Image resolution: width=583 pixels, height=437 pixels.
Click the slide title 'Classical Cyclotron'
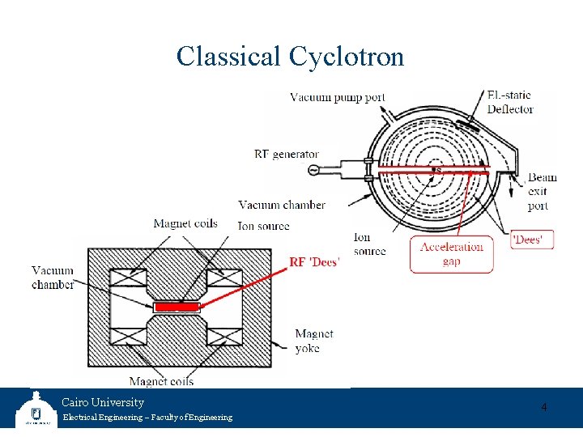(290, 57)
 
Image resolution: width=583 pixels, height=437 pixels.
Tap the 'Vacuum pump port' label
(338, 98)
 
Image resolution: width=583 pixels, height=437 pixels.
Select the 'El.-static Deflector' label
(510, 102)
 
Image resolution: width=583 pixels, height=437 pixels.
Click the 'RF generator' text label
(287, 154)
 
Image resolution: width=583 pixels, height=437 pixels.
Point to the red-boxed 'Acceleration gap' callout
(451, 253)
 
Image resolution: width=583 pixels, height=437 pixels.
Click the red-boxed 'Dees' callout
(532, 240)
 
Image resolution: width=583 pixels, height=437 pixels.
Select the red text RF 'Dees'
(314, 261)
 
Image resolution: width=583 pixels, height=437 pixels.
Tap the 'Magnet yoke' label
(313, 341)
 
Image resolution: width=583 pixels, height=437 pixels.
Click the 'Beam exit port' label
(538, 192)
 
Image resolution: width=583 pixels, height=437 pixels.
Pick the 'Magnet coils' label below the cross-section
(161, 381)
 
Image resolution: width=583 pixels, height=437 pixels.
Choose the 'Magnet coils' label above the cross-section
(185, 223)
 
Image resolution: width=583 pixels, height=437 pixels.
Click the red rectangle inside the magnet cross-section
(177, 308)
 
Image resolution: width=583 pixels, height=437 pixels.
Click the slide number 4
(543, 407)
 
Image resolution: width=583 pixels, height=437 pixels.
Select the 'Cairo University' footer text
(103, 402)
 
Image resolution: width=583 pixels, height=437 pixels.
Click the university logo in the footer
(36, 409)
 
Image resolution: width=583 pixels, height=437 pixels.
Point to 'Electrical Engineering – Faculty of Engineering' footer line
(147, 418)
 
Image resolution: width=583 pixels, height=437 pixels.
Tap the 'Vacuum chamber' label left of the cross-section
(53, 278)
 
